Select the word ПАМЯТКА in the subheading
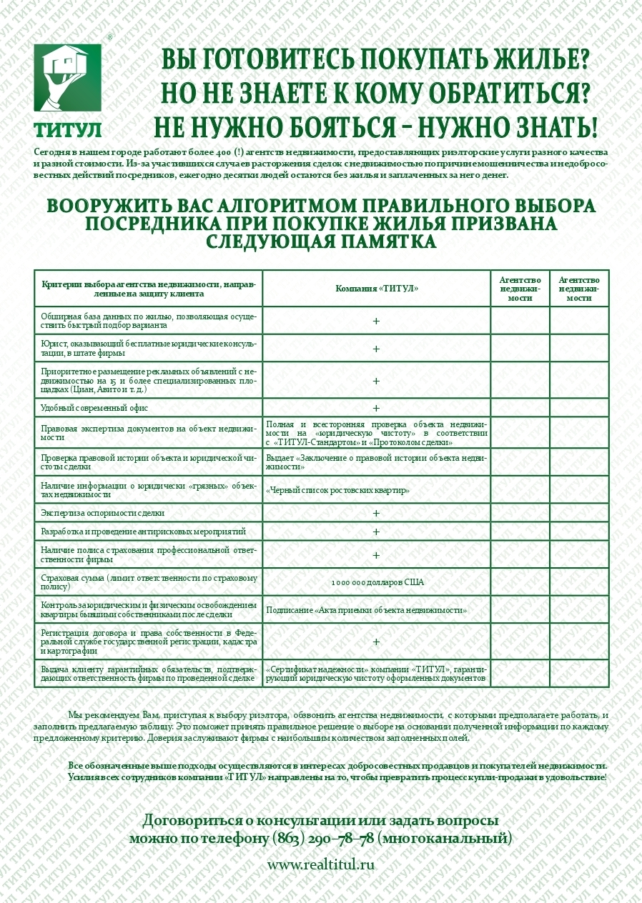click(386, 241)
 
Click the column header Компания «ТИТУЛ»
click(377, 289)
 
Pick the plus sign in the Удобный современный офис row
click(376, 408)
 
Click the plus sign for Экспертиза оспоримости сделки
click(376, 513)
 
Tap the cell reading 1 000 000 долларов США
click(377, 582)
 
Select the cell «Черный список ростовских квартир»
click(337, 490)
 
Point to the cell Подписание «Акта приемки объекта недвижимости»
click(367, 611)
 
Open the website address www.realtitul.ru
click(321, 864)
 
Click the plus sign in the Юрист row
click(376, 349)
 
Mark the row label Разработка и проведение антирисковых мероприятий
click(143, 532)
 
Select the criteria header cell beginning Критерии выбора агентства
click(148, 289)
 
